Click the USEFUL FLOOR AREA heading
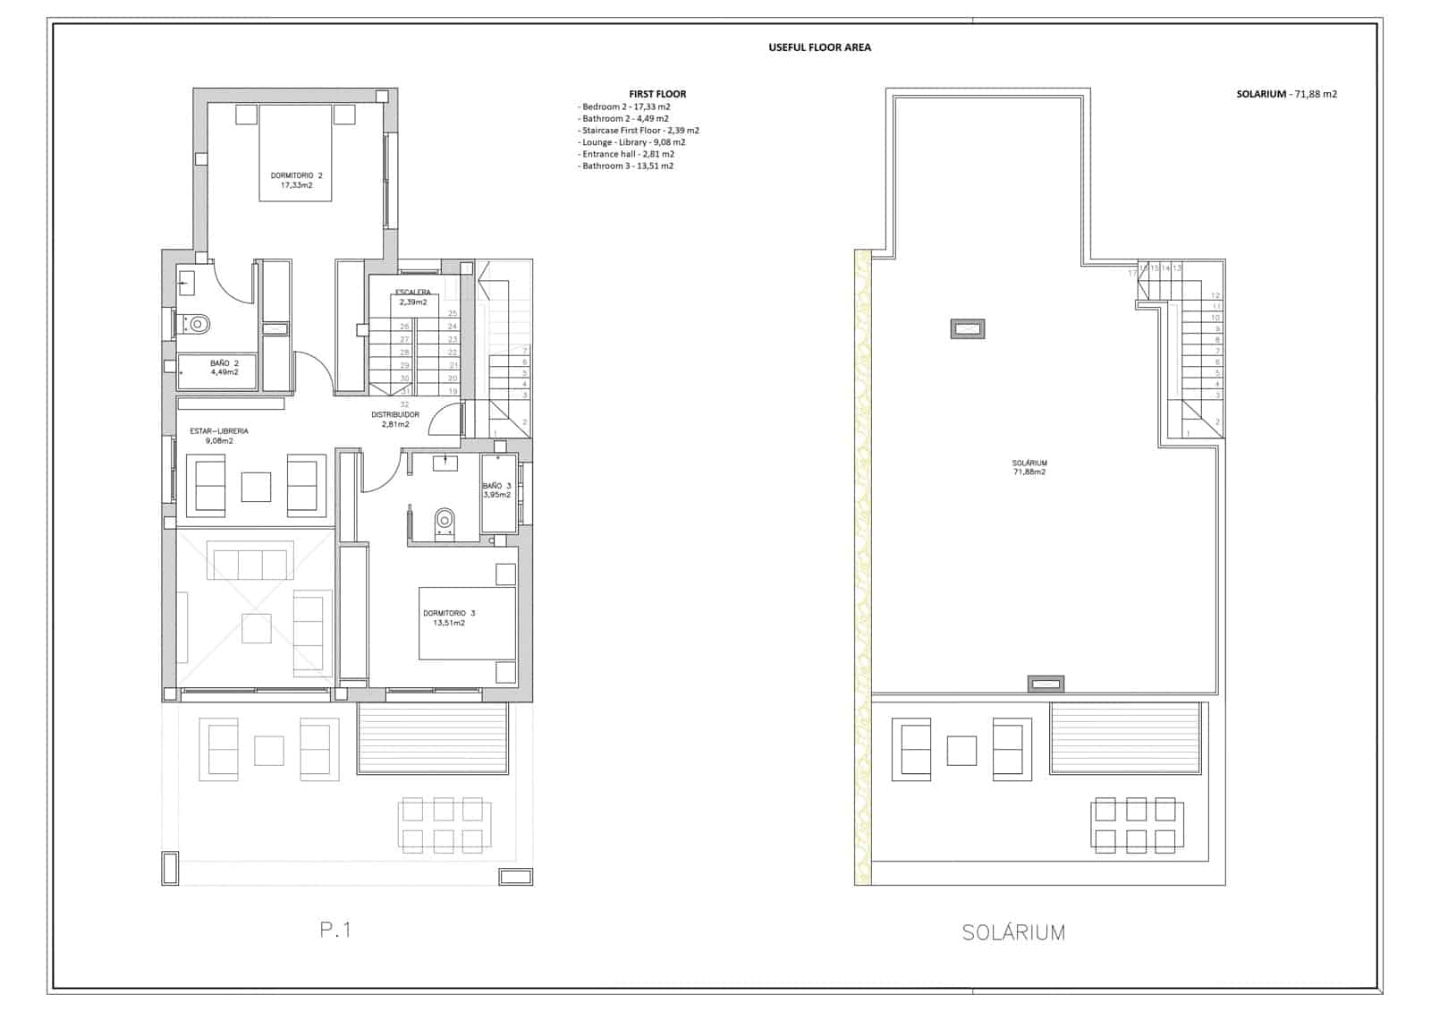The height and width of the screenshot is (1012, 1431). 819,47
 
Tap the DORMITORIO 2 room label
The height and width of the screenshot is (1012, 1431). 296,180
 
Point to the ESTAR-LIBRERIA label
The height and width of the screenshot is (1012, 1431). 219,436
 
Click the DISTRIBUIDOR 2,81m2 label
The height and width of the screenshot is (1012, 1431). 394,420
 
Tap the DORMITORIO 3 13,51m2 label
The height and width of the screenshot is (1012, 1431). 449,617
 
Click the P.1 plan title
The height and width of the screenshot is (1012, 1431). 335,931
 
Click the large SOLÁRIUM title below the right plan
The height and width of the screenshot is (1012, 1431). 1013,932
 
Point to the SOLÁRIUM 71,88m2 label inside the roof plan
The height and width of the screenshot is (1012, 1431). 1029,467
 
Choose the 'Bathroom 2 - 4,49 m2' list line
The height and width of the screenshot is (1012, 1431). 624,118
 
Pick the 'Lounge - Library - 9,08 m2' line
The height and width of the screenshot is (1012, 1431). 632,142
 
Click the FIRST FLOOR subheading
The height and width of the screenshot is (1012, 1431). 657,94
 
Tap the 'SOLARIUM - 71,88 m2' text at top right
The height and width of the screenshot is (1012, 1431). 1286,94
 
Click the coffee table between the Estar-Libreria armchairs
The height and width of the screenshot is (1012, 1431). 257,487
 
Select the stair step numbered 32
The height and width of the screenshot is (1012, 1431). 404,404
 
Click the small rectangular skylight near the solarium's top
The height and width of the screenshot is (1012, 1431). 967,329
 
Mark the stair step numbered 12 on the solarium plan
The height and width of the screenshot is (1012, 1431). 1215,295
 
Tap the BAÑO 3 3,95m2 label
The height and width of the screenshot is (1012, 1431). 496,490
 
